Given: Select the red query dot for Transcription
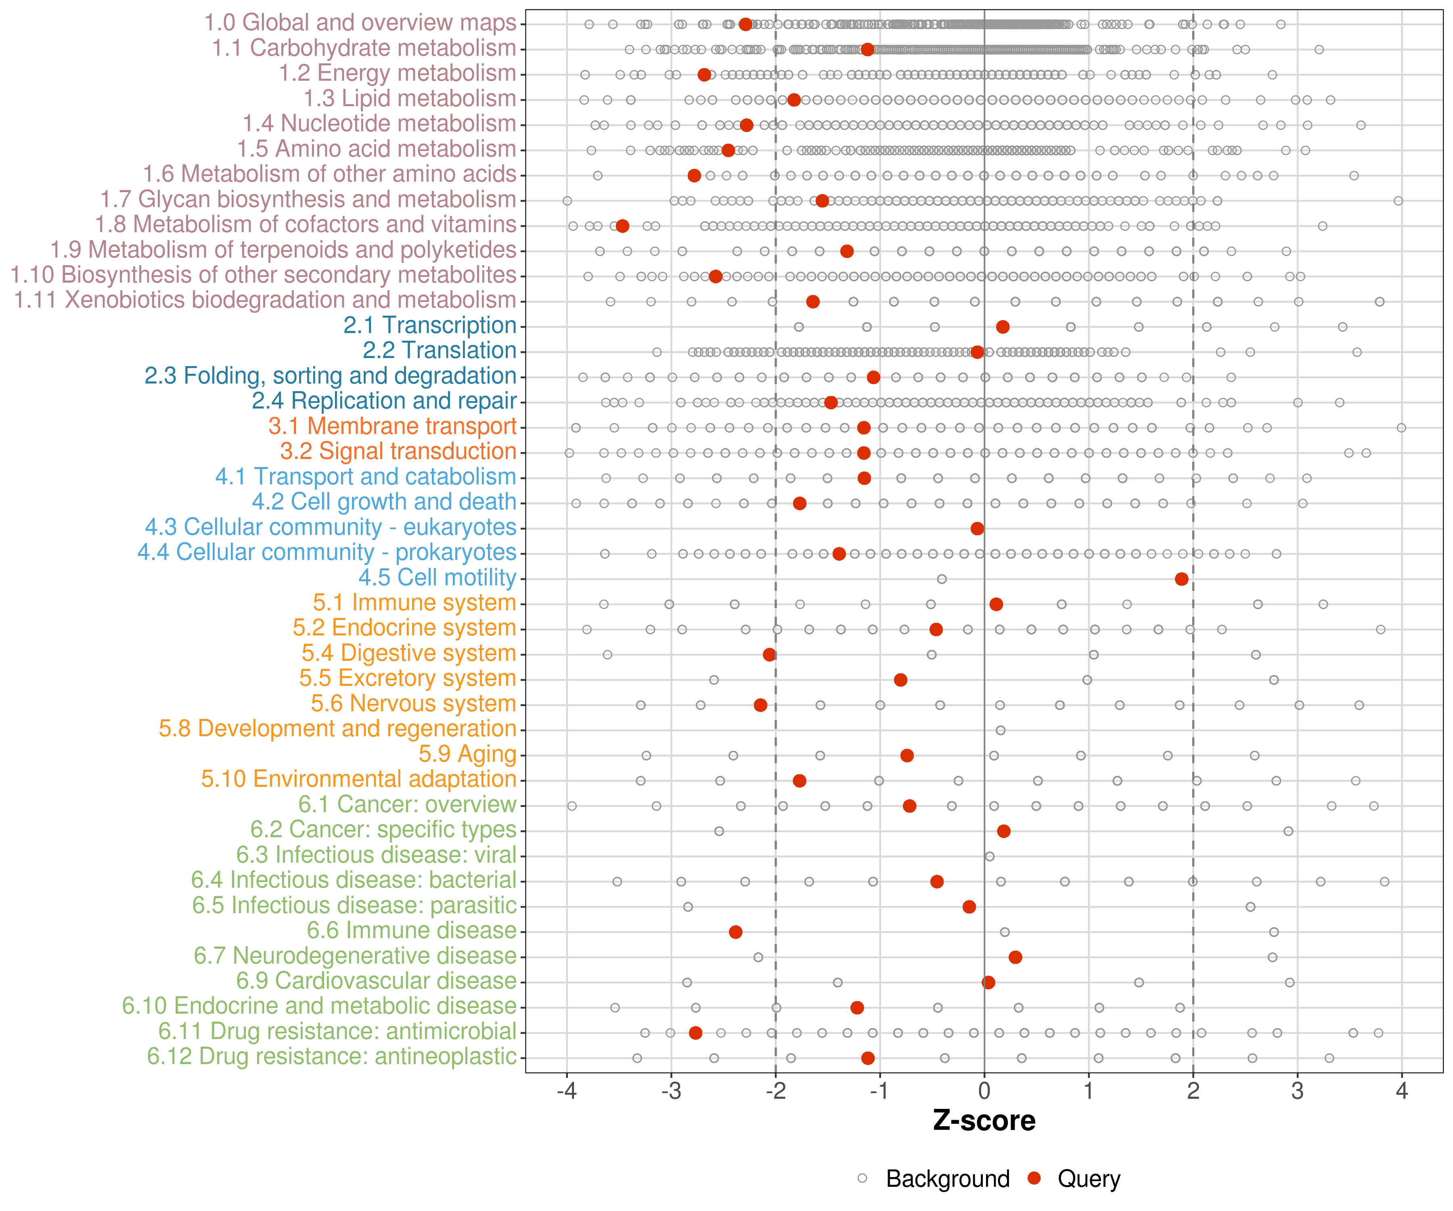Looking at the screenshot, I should coord(1003,327).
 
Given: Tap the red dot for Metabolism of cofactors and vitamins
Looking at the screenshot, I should coord(622,226).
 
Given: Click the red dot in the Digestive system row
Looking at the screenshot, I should coord(769,655).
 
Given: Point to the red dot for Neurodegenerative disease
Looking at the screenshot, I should coord(1015,957).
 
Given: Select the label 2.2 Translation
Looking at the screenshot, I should coord(440,351).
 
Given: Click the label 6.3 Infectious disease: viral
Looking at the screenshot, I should coord(377,855).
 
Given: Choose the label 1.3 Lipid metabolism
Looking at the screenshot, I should coord(410,99).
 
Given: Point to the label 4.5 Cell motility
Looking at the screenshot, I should coord(437,578).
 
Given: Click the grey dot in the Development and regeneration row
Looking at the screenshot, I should coord(1000,730).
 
